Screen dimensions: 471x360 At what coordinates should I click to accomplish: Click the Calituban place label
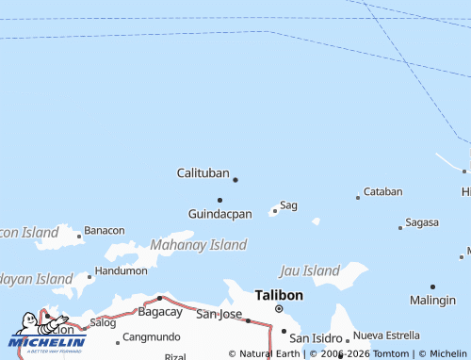203,173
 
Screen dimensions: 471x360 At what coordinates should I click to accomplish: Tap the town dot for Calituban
235,179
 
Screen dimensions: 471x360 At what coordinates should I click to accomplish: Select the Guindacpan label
219,214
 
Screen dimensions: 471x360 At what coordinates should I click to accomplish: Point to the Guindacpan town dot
219,200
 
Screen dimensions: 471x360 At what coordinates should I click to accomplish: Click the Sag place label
288,205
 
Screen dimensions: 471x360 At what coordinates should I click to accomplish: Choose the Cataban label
382,191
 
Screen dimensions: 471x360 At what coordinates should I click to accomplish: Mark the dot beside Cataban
358,197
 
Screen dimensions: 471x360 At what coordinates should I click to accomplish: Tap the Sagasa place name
421,222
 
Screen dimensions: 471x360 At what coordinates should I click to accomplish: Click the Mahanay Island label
198,245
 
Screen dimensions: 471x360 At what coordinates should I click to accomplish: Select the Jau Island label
309,271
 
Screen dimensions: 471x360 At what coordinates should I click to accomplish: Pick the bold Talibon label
279,295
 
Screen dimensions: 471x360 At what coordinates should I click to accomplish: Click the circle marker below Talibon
279,308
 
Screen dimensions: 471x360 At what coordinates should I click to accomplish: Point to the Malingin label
432,300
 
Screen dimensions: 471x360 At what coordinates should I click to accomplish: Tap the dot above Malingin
432,286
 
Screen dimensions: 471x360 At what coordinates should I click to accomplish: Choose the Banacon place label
104,230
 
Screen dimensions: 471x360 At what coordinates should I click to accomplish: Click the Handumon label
122,270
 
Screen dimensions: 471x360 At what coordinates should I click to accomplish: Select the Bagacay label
159,311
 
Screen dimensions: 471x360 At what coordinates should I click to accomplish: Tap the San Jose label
219,314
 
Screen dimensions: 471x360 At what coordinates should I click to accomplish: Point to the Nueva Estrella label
386,335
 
